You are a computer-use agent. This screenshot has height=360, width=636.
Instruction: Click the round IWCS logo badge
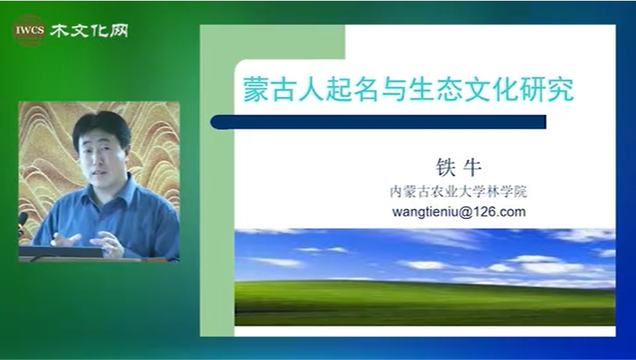coord(29,31)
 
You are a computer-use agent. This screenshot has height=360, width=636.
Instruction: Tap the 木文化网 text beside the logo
coord(89,31)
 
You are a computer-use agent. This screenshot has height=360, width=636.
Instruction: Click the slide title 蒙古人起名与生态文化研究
coord(409,89)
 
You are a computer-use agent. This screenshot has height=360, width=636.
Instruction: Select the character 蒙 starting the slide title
coord(256,89)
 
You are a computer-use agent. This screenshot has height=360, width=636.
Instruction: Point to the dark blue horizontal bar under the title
coord(378,122)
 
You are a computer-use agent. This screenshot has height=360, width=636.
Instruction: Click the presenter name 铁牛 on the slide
coord(459,167)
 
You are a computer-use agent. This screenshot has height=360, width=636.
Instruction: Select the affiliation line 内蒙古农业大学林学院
coord(458,192)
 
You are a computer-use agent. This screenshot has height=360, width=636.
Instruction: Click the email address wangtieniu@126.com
coord(459,211)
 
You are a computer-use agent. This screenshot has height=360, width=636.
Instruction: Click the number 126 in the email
coord(481,211)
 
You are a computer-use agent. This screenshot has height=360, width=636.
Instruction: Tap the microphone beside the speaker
coord(22,222)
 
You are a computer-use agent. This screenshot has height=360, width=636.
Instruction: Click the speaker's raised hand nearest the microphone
coord(66,239)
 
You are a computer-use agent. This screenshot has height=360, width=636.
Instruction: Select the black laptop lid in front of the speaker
coord(61,252)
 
